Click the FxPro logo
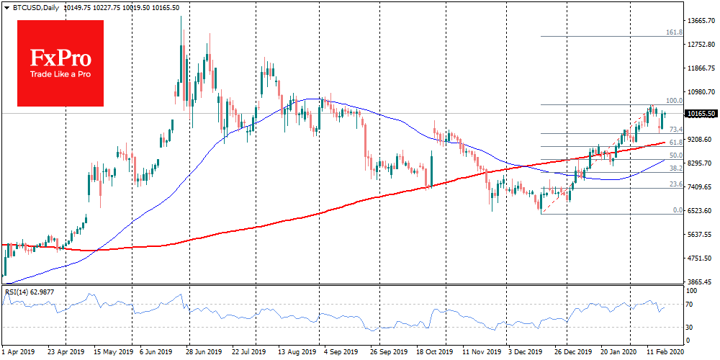60,63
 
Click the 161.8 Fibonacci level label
673,32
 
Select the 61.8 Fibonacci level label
675,143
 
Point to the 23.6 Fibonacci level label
675,184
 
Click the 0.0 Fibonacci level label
677,210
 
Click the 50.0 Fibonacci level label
675,155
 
